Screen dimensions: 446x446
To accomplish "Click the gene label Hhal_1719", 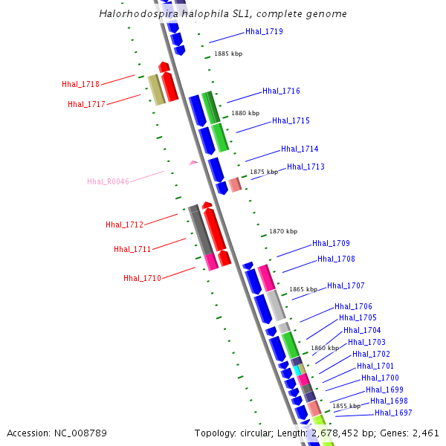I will (x=264, y=32).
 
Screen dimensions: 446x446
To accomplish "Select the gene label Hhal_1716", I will (x=281, y=91).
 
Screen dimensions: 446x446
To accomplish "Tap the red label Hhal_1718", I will (x=81, y=84).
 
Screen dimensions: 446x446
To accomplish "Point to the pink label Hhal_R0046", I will (x=108, y=181).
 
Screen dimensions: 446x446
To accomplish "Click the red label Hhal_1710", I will (x=142, y=278).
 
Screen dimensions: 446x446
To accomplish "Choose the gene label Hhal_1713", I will (x=306, y=167).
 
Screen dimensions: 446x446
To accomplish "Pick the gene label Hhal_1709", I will (x=331, y=243).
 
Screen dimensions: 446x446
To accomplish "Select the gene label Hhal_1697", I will (x=393, y=413).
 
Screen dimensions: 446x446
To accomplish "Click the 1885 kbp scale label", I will (x=228, y=54).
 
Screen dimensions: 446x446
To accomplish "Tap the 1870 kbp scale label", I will (x=283, y=231).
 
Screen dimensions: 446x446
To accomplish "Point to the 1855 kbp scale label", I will (x=346, y=406).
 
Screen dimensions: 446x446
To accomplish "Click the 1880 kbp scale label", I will (x=245, y=113).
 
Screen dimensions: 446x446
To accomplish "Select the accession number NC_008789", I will (x=83, y=433).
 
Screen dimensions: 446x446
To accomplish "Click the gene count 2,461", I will (x=425, y=433).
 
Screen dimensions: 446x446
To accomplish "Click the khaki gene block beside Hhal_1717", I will (x=155, y=90).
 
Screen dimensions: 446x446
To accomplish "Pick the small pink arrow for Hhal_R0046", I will (x=193, y=162).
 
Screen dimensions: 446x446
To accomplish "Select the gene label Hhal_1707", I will (x=346, y=285).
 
